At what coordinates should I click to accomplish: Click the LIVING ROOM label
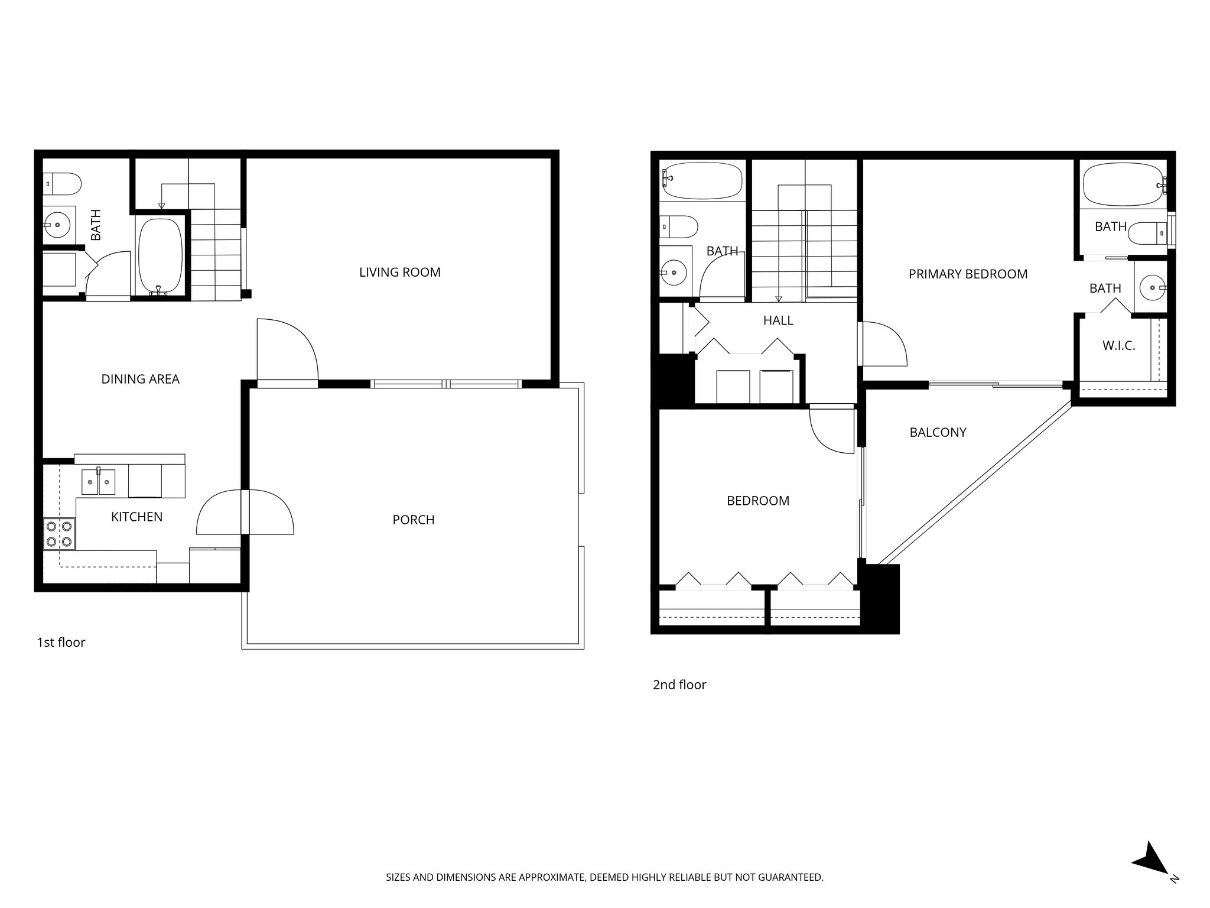[399, 273]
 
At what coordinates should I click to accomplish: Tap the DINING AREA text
[140, 380]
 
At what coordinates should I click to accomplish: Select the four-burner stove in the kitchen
[59, 533]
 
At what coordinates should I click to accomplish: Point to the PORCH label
[413, 520]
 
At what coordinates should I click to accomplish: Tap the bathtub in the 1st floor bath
[160, 255]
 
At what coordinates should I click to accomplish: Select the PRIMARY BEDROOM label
[967, 274]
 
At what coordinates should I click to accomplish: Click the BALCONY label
[938, 433]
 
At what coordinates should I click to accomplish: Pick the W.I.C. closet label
[1118, 346]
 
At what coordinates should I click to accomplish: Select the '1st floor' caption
[61, 643]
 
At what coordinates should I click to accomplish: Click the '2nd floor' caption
[679, 685]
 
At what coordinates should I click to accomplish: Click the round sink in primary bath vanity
[1150, 288]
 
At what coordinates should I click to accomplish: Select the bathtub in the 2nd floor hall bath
[702, 180]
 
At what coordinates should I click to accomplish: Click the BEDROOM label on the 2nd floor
[757, 501]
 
